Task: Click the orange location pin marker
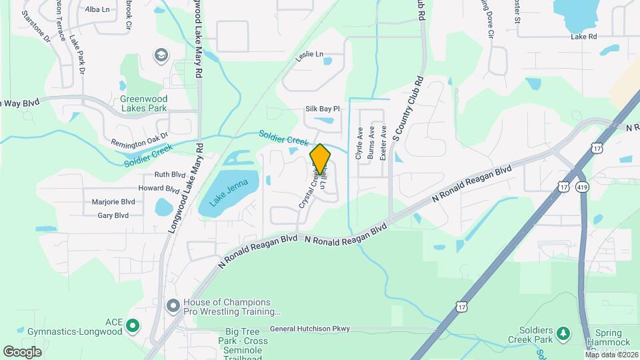pyautogui.click(x=320, y=159)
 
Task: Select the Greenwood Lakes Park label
pyautogui.click(x=143, y=103)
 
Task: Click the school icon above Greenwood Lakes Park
pyautogui.click(x=161, y=55)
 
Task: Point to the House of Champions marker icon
pyautogui.click(x=173, y=306)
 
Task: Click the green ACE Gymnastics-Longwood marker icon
pyautogui.click(x=133, y=326)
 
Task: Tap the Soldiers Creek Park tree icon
pyautogui.click(x=564, y=332)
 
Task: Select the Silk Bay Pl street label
pyautogui.click(x=323, y=109)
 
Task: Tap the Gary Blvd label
pyautogui.click(x=113, y=215)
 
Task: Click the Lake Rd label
pyautogui.click(x=583, y=37)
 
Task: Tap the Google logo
pyautogui.click(x=22, y=351)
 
